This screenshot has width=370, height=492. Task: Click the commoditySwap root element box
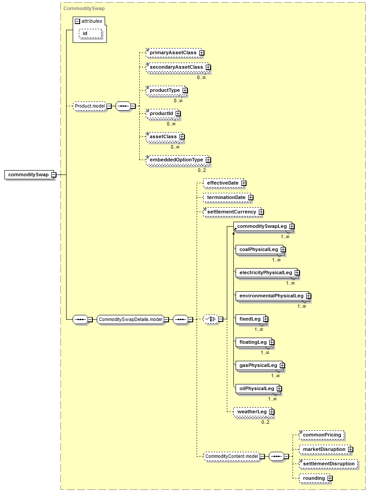point(29,175)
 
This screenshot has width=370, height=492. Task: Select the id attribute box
point(91,34)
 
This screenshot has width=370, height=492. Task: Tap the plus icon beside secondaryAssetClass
point(208,67)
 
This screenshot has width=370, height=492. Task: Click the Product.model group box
point(90,106)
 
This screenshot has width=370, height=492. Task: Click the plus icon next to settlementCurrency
point(261,212)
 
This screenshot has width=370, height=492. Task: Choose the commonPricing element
point(322,435)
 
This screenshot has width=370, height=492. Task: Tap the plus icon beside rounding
point(330,478)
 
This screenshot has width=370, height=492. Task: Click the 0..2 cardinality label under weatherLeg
point(265,422)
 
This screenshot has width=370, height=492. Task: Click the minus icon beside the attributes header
point(77,21)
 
